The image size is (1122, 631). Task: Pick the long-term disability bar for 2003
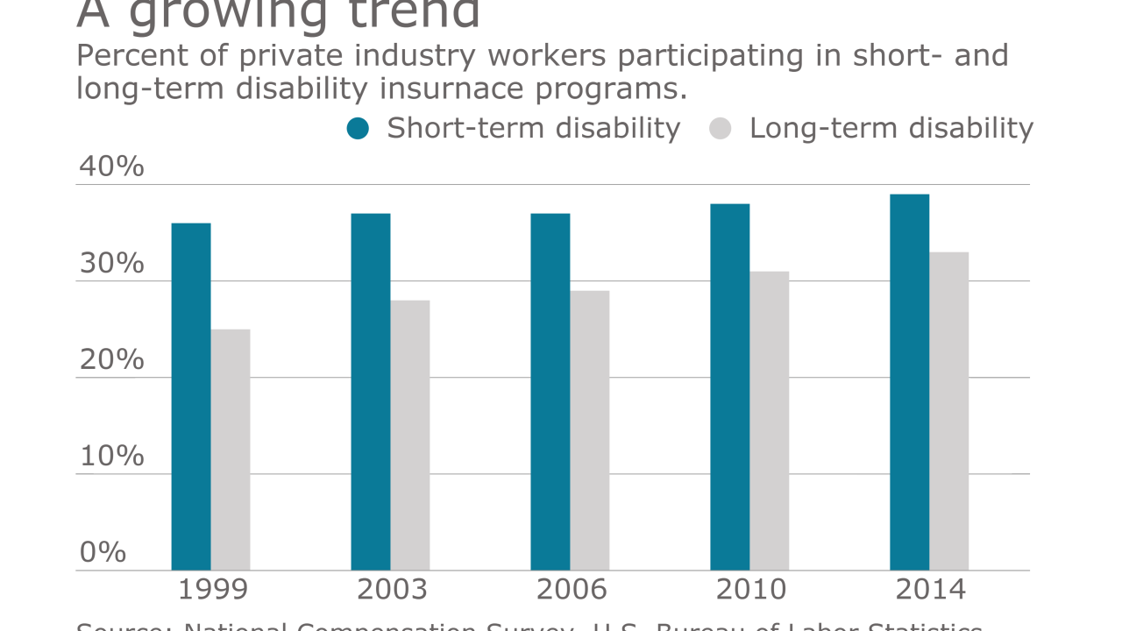[x=410, y=435]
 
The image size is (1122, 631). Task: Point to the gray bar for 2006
[x=590, y=430]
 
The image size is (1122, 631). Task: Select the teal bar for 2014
[x=910, y=382]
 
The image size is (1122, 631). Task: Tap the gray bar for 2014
[x=949, y=411]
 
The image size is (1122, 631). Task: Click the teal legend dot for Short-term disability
[x=359, y=129]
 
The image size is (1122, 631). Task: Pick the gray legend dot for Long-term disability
[x=720, y=129]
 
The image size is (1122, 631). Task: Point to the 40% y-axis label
[x=111, y=167]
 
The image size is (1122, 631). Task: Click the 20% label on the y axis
[x=111, y=359]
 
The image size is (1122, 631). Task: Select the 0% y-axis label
[x=103, y=552]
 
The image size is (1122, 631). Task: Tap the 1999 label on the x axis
[x=213, y=590]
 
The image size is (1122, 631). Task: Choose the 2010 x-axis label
[x=751, y=590]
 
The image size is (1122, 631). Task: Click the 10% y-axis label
[x=111, y=456]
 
